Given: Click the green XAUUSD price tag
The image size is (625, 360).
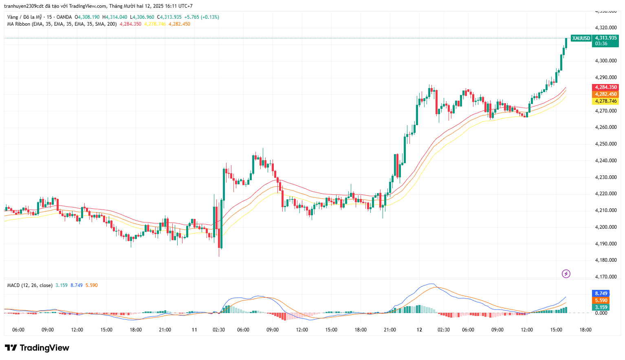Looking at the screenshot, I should point(581,38).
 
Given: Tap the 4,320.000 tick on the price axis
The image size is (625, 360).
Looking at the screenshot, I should point(606,28).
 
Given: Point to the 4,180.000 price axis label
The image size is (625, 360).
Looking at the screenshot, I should point(606,260).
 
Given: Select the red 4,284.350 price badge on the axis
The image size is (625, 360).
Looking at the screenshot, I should point(606,87).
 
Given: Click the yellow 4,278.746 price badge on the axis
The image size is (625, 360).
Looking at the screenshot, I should point(606,101).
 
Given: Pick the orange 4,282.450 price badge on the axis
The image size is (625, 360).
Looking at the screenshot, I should point(606,94).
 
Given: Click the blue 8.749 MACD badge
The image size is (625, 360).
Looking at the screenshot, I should point(601,294).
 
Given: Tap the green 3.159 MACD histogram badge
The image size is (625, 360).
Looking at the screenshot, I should point(601,307).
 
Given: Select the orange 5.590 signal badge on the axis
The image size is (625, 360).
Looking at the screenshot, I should point(601,300).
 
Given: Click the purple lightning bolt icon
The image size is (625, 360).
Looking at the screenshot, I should point(566,274).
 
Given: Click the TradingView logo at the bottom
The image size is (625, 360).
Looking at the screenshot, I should point(37,348).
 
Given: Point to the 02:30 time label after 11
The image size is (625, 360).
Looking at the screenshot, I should point(219,330).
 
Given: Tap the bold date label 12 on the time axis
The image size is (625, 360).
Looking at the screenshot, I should point(419,330).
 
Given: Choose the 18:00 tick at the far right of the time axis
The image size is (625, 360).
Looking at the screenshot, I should point(585,330).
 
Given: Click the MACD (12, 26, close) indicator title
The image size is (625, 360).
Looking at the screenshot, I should point(30,285).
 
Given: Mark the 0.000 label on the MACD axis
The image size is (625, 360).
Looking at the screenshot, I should point(601,313).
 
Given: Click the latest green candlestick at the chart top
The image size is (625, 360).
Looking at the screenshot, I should point(566,42).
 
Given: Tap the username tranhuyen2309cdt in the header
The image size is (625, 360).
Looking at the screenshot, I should point(24,6).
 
